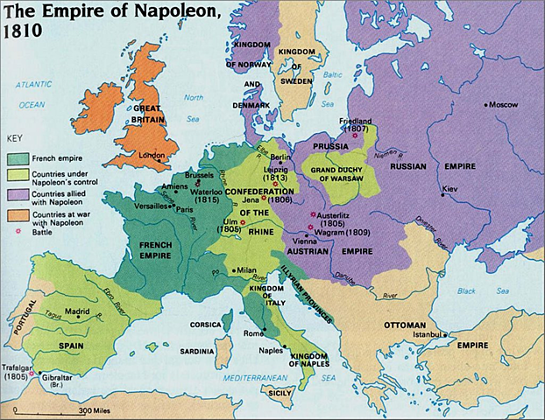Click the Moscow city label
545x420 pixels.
(503, 104)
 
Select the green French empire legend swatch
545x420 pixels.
(19, 159)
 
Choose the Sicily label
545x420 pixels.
(278, 392)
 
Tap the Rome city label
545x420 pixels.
(253, 332)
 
